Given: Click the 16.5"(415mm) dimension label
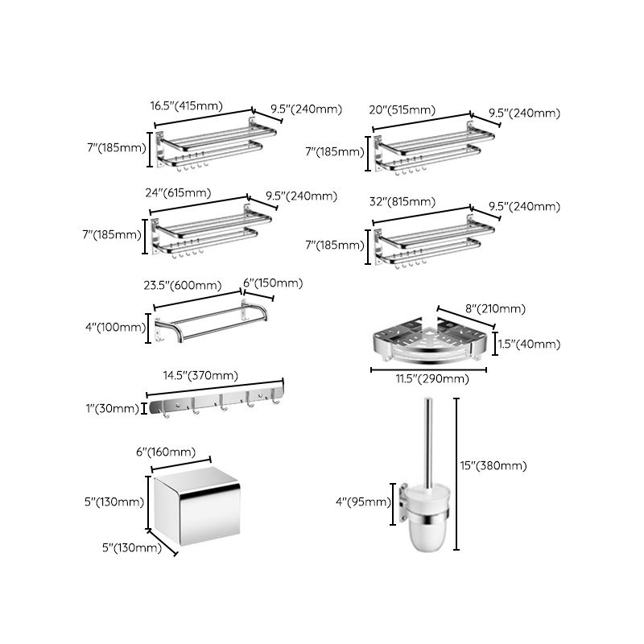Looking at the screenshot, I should point(186,105).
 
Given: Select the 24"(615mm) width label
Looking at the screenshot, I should point(180,192).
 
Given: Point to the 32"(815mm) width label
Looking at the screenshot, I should point(402,201).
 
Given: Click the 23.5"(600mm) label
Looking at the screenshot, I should point(188,285).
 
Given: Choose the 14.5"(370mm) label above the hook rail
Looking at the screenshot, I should point(200,375).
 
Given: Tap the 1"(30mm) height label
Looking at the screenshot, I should point(114,408).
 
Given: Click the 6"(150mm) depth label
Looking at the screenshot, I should point(273,283).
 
